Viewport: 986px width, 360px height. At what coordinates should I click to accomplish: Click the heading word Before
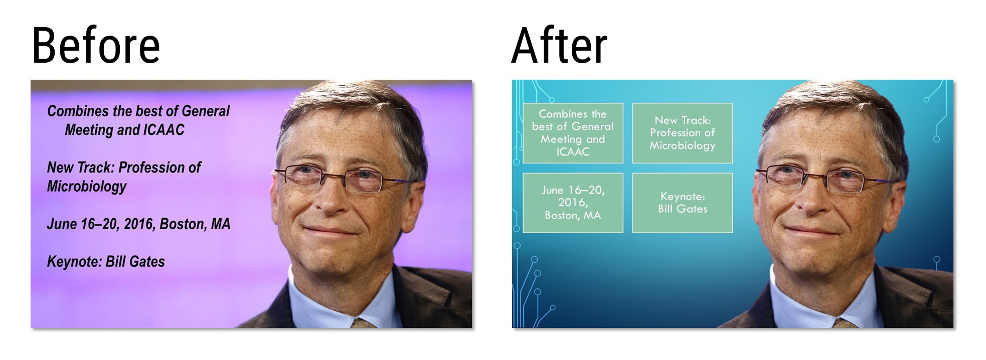pyautogui.click(x=96, y=46)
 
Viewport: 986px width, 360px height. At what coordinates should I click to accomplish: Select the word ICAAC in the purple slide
pyautogui.click(x=164, y=130)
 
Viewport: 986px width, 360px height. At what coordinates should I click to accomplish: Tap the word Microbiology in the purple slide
pyautogui.click(x=87, y=187)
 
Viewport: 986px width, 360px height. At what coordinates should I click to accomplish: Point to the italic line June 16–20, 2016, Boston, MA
pyautogui.click(x=138, y=224)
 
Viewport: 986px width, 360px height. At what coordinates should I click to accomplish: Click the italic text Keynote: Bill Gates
pyautogui.click(x=106, y=261)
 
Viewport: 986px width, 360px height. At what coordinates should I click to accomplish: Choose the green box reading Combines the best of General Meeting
pyautogui.click(x=573, y=133)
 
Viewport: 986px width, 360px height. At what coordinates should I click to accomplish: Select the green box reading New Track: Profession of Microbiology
pyautogui.click(x=683, y=133)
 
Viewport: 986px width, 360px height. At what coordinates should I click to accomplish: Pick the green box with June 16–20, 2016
pyautogui.click(x=573, y=203)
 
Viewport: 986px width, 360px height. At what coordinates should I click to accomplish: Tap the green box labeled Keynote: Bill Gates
pyautogui.click(x=683, y=203)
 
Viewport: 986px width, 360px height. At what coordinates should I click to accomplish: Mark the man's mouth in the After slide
pyautogui.click(x=811, y=231)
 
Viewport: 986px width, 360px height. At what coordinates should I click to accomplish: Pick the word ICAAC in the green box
pyautogui.click(x=573, y=151)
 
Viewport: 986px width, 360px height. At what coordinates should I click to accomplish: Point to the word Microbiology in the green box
pyautogui.click(x=683, y=145)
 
